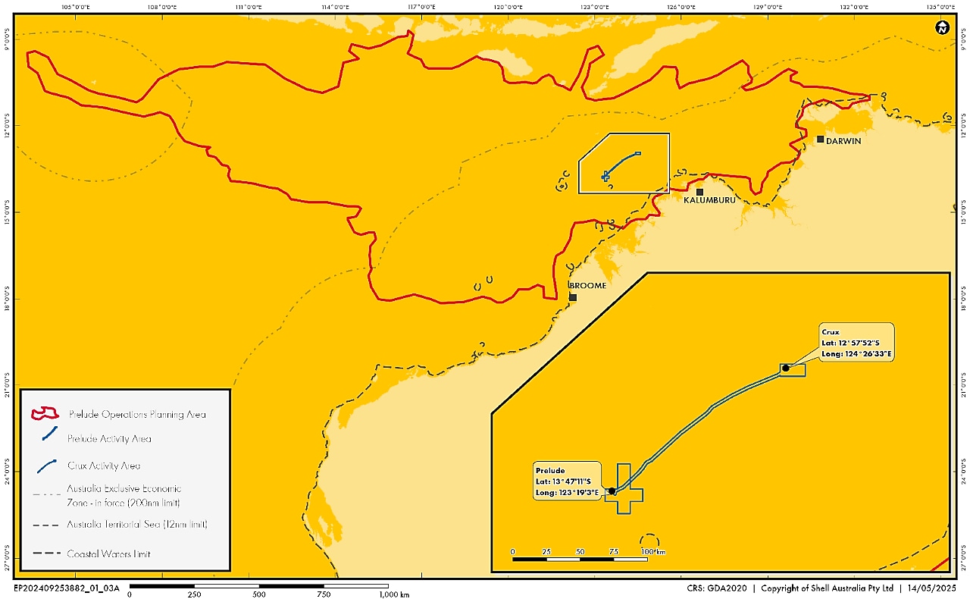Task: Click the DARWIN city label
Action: tap(843, 141)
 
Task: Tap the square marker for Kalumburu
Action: tap(699, 192)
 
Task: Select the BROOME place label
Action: tap(588, 286)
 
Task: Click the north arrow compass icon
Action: tap(942, 29)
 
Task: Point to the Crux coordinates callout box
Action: tap(856, 342)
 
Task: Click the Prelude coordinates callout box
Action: tap(567, 481)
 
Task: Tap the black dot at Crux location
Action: tap(786, 368)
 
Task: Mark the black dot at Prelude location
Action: tap(612, 491)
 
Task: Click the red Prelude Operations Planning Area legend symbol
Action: tap(45, 414)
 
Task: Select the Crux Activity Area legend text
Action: tap(103, 466)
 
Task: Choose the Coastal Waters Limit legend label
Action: tap(108, 554)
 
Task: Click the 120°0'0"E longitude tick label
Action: tap(508, 7)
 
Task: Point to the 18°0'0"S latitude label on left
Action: tap(7, 297)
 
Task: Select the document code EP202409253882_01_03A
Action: tap(67, 588)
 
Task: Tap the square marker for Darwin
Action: tap(820, 140)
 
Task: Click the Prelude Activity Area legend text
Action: tap(109, 438)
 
